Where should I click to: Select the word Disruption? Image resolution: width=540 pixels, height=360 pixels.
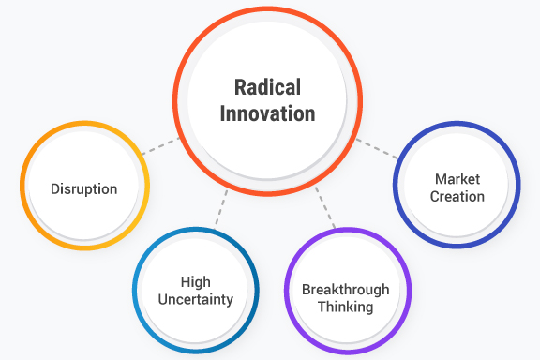click(x=85, y=188)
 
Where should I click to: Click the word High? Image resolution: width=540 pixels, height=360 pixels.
click(x=195, y=280)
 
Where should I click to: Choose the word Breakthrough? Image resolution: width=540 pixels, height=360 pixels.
click(x=346, y=290)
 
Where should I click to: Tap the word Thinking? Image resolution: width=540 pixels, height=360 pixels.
click(x=346, y=306)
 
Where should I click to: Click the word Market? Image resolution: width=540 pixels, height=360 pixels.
click(x=457, y=179)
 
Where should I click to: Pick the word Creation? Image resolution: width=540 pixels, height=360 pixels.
click(x=457, y=196)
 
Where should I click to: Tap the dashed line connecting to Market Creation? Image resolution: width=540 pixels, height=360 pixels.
click(x=377, y=148)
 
